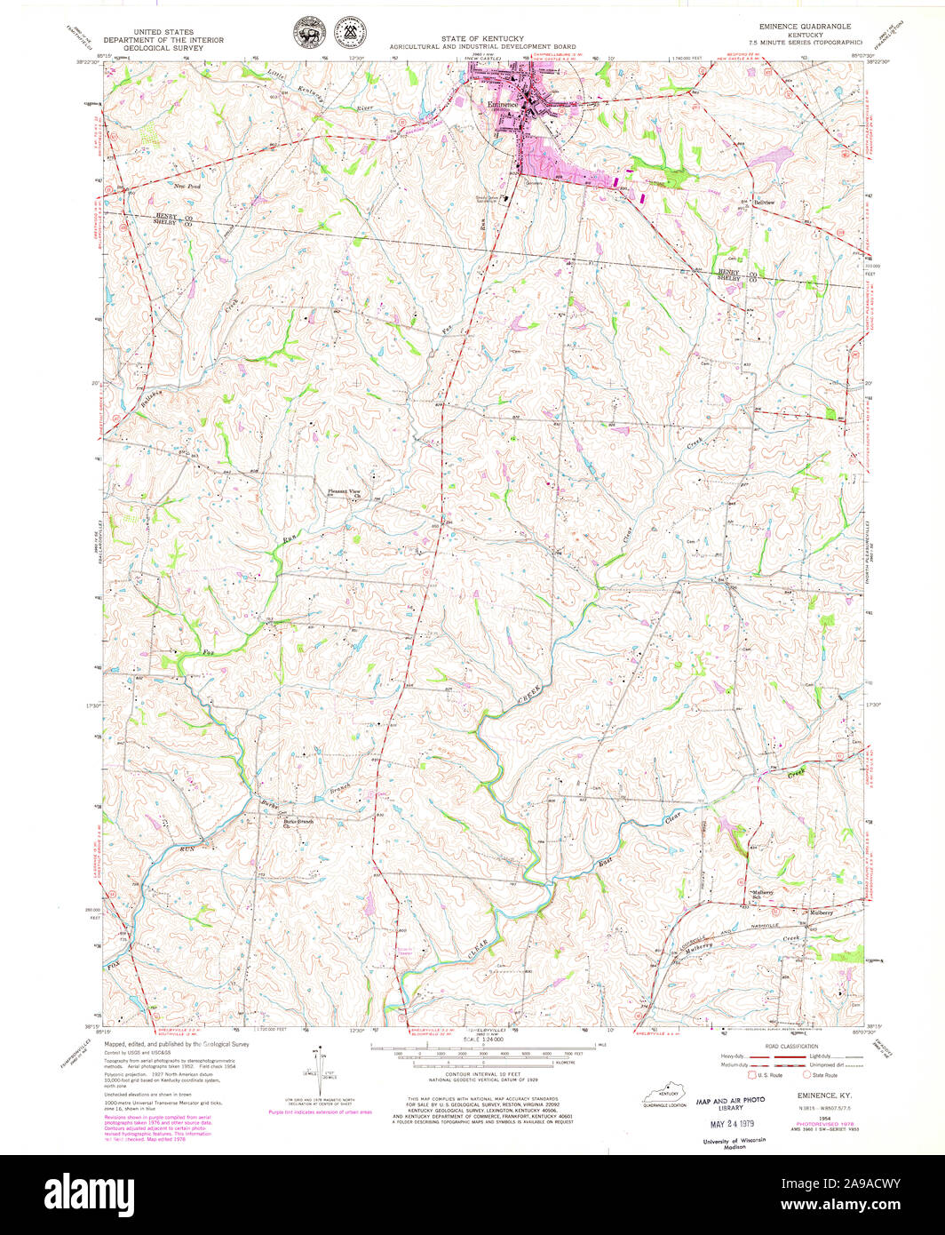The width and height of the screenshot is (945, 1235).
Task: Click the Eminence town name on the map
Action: (502, 104)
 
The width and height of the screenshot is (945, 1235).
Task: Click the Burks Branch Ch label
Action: (298, 823)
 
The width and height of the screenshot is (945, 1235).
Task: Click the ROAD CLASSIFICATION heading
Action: (781, 1047)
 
